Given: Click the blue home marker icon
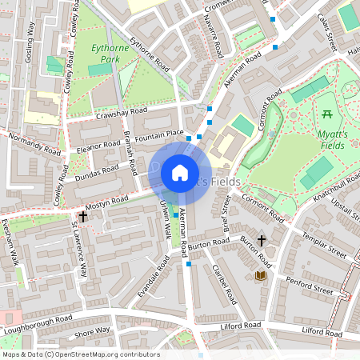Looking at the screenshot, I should click(x=180, y=172).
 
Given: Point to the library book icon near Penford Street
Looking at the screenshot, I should click(x=260, y=276).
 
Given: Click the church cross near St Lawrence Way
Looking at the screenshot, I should click(x=82, y=217).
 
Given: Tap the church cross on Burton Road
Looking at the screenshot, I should click(x=262, y=240).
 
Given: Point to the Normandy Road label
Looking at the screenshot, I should click(x=34, y=142).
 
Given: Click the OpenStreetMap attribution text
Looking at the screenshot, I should click(x=80, y=354).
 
